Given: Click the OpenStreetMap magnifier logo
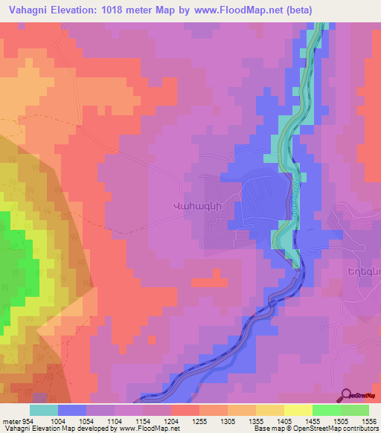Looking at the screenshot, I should pyautogui.click(x=347, y=395).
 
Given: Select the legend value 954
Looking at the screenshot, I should pyautogui.click(x=28, y=421).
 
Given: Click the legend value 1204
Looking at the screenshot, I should pyautogui.click(x=170, y=421).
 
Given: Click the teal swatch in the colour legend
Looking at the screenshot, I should pyautogui.click(x=44, y=410).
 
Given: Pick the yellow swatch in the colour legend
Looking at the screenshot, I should pyautogui.click(x=298, y=410).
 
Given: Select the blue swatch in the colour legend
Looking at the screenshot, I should pyautogui.click(x=72, y=410).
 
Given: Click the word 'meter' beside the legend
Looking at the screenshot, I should pyautogui.click(x=10, y=421).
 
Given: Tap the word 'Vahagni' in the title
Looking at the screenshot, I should pyautogui.click(x=28, y=10).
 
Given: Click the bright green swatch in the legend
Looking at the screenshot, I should pyautogui.click(x=327, y=410).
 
